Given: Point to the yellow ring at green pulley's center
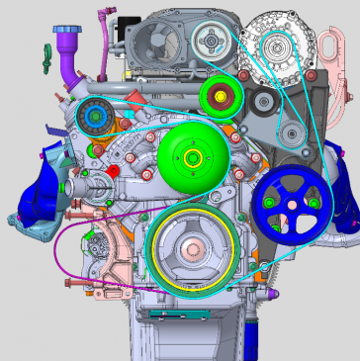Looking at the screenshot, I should [x=192, y=157].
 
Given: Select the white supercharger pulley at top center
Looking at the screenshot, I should [x=212, y=41].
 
